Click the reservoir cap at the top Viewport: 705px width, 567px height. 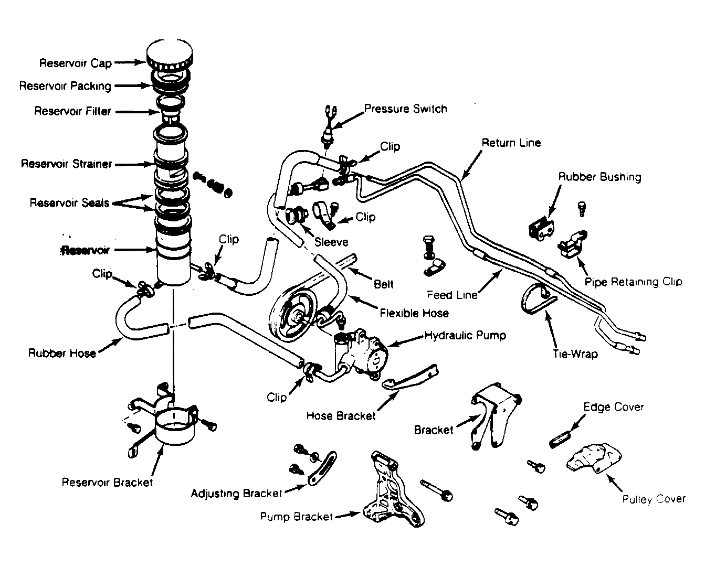click(x=169, y=55)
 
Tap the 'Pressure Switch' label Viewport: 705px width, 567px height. click(x=406, y=109)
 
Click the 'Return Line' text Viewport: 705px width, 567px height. click(x=511, y=143)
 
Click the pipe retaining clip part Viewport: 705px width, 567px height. click(x=573, y=243)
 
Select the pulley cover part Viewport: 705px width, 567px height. click(x=594, y=458)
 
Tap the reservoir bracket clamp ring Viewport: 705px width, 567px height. click(x=175, y=425)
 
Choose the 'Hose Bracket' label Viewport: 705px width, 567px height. click(x=341, y=416)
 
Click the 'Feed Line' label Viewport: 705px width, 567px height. click(x=452, y=295)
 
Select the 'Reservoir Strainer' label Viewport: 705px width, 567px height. click(x=67, y=164)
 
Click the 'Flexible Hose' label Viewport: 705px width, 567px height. click(x=414, y=313)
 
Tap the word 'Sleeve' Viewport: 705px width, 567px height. click(x=331, y=242)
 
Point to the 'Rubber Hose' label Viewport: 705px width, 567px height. click(x=62, y=353)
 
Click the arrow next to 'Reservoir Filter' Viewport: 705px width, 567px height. click(x=138, y=112)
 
